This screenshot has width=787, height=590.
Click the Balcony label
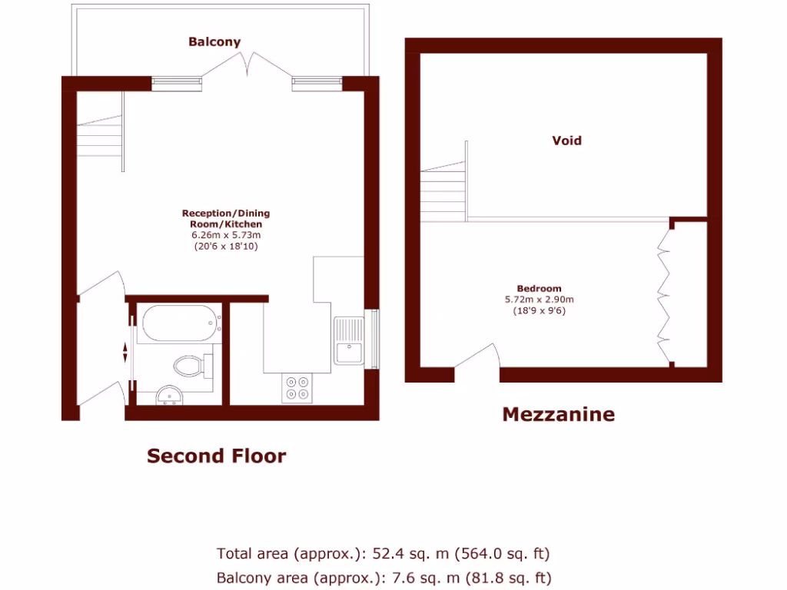click(214, 42)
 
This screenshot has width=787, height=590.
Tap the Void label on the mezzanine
click(566, 141)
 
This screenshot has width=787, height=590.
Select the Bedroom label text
click(539, 289)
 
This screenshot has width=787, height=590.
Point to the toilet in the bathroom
click(191, 364)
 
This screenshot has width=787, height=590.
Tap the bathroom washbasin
click(169, 394)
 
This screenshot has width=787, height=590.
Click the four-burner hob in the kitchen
click(297, 387)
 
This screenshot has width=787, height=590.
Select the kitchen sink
click(349, 340)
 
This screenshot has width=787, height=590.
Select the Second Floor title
click(216, 456)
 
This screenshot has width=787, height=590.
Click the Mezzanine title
click(558, 415)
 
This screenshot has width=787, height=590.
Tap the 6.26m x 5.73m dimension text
click(226, 235)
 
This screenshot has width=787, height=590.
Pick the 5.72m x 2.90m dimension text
click(539, 300)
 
